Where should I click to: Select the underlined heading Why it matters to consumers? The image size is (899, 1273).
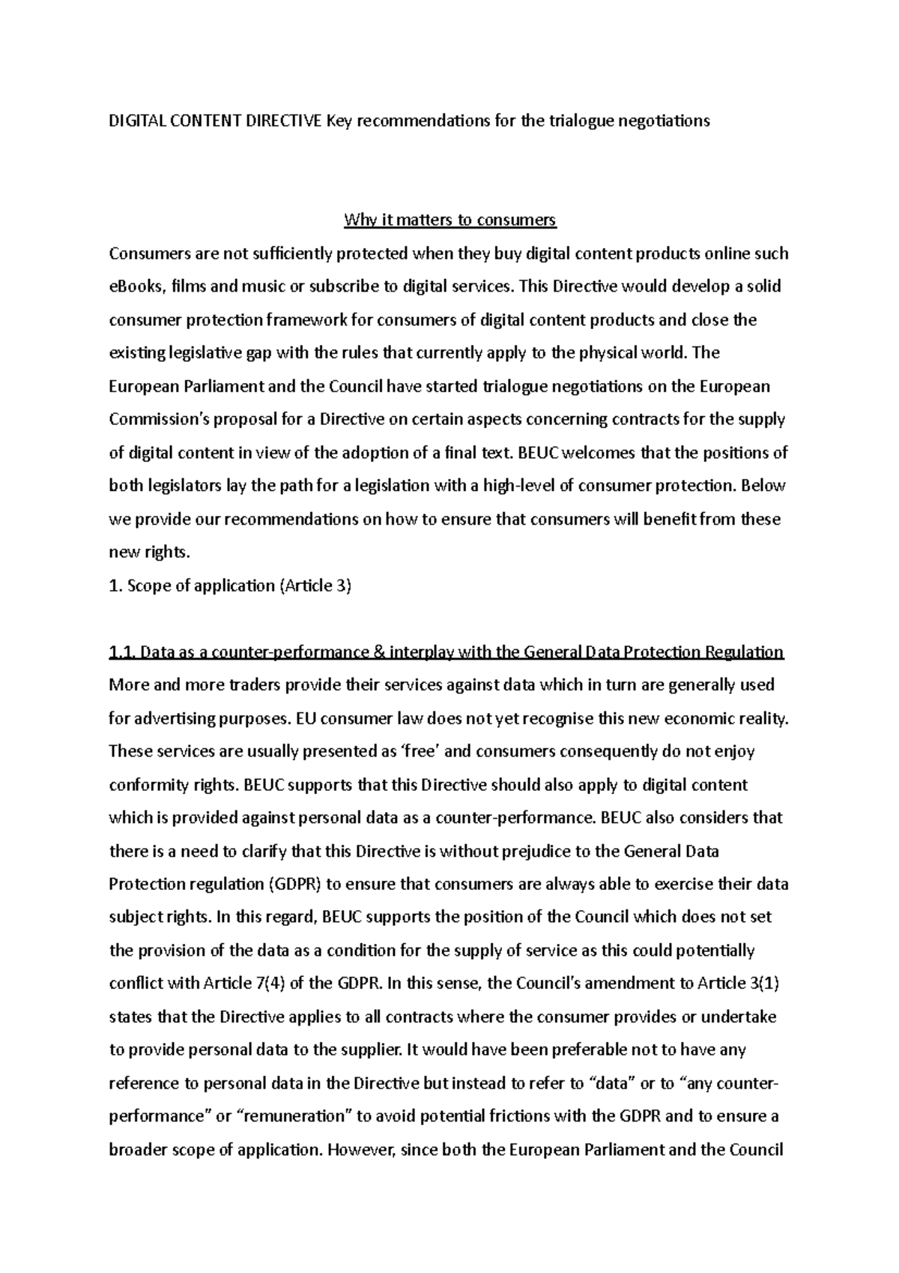click(x=449, y=220)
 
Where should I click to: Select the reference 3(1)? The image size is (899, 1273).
click(x=763, y=984)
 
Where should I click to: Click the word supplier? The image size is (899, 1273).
click(x=368, y=1050)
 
